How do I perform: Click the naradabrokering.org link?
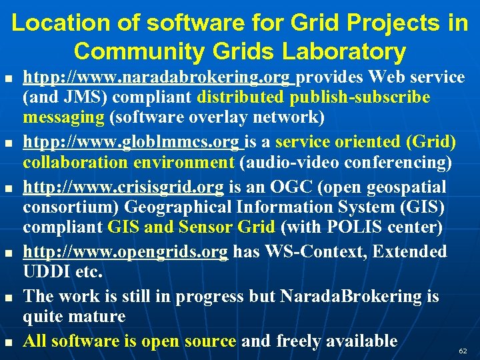[159, 78]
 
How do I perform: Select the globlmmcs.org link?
[133, 143]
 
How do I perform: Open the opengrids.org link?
[125, 252]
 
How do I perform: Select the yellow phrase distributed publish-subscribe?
[313, 98]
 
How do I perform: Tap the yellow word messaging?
[64, 117]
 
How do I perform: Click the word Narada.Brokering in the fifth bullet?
[359, 296]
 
